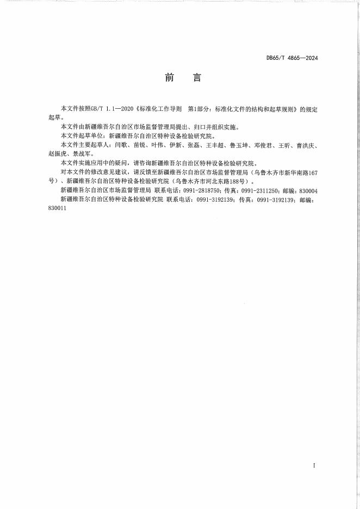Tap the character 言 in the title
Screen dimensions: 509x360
point(197,78)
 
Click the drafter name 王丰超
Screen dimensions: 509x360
point(214,146)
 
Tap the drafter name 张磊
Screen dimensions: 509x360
point(193,146)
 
